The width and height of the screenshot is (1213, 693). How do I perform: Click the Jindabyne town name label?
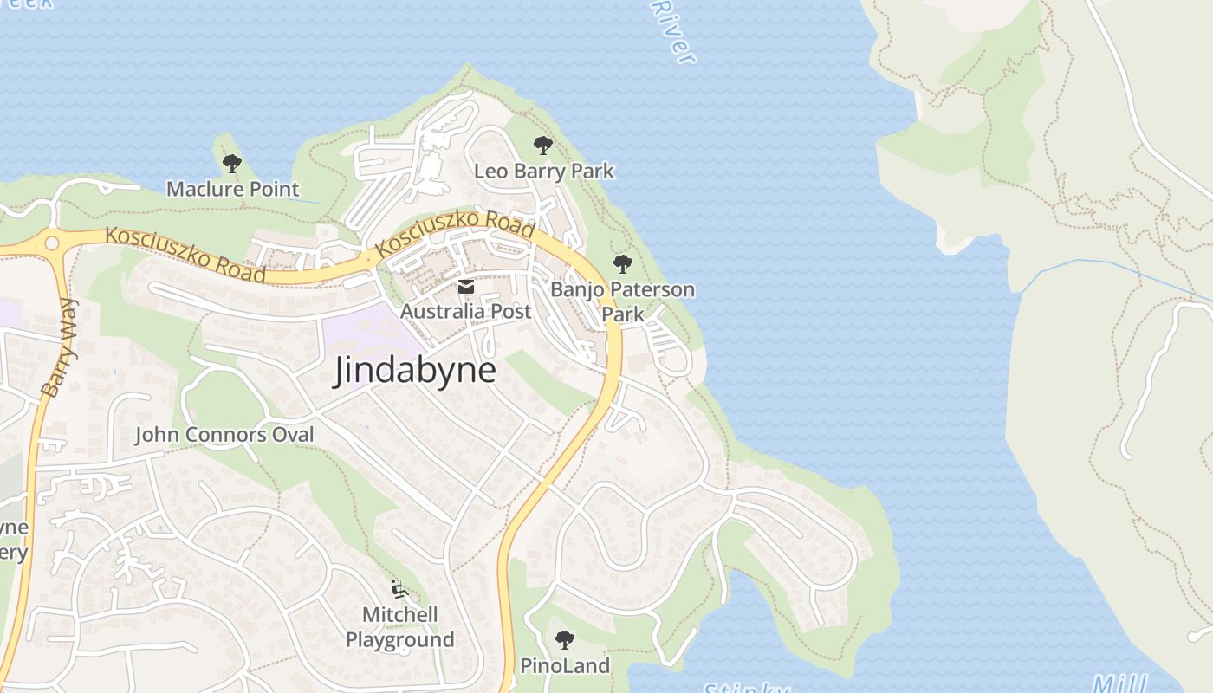pyautogui.click(x=415, y=371)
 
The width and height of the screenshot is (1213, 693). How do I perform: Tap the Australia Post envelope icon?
pyautogui.click(x=466, y=287)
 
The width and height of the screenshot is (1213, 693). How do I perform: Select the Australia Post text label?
pyautogui.click(x=466, y=311)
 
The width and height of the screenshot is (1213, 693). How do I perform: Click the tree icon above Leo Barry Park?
pyautogui.click(x=543, y=146)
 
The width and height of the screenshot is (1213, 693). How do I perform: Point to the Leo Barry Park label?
pyautogui.click(x=543, y=172)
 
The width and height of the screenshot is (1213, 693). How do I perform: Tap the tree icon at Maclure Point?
pyautogui.click(x=231, y=163)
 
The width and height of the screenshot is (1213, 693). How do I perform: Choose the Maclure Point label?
pyautogui.click(x=232, y=189)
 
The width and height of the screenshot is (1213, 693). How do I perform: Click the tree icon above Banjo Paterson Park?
pyautogui.click(x=622, y=264)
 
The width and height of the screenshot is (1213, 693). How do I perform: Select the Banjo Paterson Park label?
pyautogui.click(x=622, y=301)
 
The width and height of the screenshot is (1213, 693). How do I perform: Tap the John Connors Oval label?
pyautogui.click(x=224, y=434)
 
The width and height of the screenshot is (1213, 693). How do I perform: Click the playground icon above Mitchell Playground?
pyautogui.click(x=399, y=589)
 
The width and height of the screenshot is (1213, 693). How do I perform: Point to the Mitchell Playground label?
pyautogui.click(x=399, y=627)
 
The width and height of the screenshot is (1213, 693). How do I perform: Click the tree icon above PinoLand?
pyautogui.click(x=564, y=640)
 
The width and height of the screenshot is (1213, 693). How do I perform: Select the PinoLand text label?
pyautogui.click(x=565, y=665)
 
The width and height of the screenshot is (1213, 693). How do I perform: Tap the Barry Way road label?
pyautogui.click(x=59, y=348)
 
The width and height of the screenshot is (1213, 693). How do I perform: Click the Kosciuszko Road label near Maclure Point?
pyautogui.click(x=185, y=255)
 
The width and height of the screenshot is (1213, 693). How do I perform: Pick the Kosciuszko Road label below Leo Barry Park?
pyautogui.click(x=456, y=232)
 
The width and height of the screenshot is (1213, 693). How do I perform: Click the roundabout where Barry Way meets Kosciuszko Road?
pyautogui.click(x=53, y=243)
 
